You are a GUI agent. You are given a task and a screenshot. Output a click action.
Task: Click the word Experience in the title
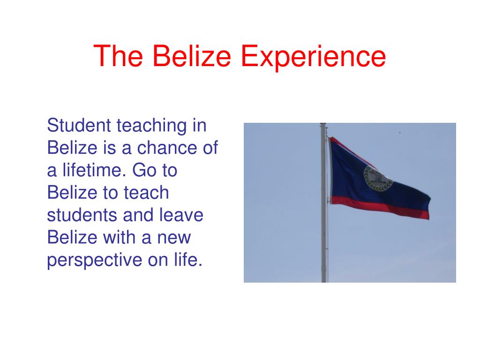[314, 57]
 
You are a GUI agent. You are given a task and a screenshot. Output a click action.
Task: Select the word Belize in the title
[192, 56]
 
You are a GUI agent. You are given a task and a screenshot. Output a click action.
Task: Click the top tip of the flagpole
[323, 125]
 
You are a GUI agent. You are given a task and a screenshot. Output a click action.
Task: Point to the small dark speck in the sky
[399, 133]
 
